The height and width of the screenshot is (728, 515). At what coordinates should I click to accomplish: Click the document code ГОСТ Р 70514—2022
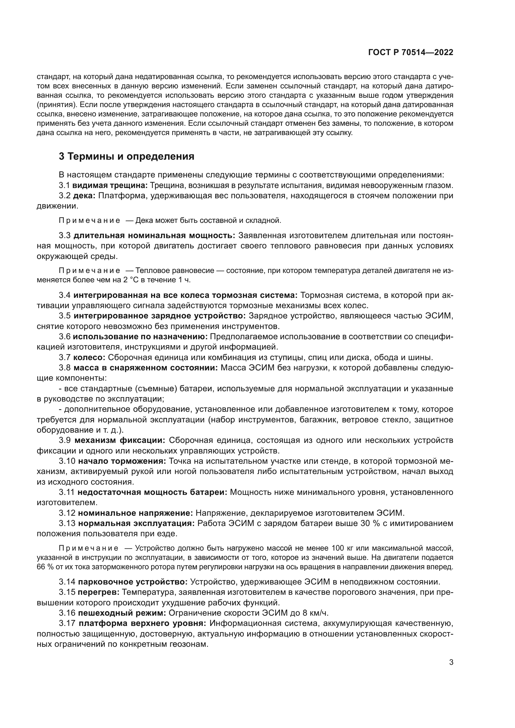(411, 53)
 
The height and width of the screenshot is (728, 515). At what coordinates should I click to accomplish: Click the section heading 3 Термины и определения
(126, 157)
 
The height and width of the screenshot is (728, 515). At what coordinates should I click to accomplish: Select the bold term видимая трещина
(111, 185)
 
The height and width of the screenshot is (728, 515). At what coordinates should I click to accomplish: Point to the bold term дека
(84, 196)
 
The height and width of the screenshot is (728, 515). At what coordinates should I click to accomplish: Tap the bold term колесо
(89, 358)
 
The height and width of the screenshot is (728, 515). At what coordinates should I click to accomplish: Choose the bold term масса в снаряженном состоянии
(145, 368)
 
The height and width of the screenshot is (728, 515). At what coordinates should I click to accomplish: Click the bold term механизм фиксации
(120, 440)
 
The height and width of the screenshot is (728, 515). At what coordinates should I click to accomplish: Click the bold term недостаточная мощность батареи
(152, 492)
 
